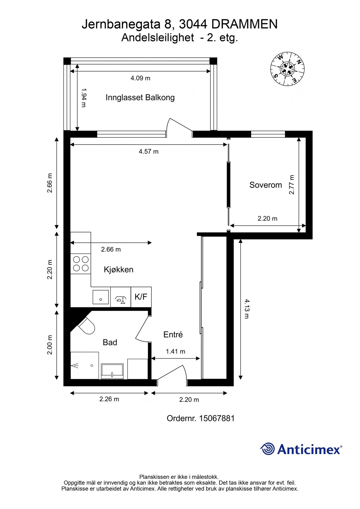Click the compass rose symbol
tap(287, 69)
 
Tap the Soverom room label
tap(266, 185)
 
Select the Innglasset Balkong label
tap(140, 98)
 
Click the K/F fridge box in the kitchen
tap(141, 297)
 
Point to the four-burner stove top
tap(81, 264)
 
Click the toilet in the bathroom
tap(87, 326)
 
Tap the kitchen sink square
tap(100, 297)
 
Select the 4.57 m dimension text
tap(148, 152)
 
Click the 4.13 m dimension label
tap(246, 309)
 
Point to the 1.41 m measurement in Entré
tap(175, 351)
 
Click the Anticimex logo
tap(301, 449)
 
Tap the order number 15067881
tap(217, 418)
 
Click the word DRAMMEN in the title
tap(244, 25)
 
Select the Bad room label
tap(110, 342)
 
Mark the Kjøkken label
tap(118, 269)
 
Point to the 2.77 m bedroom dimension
tap(292, 185)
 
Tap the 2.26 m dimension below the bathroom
tap(109, 399)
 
